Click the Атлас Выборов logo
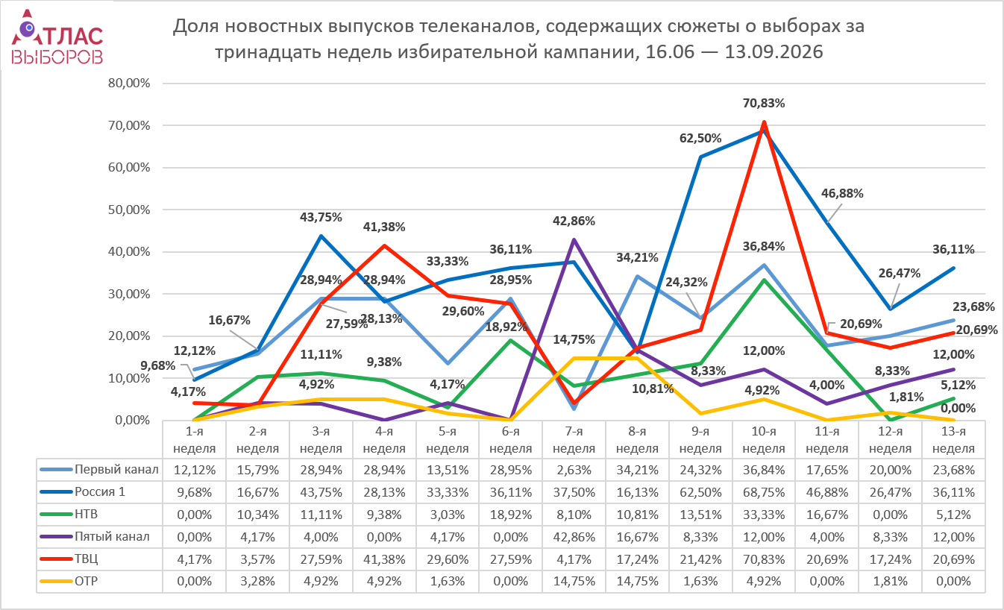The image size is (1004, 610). point(57,37)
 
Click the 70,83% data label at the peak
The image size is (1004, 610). point(764,104)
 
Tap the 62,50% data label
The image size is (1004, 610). point(700,139)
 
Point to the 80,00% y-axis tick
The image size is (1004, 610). point(129,84)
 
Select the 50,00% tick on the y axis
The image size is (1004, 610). point(129,210)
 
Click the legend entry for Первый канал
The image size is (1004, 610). point(99,469)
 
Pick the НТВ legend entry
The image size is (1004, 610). point(69,514)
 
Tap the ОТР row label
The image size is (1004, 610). point(69,582)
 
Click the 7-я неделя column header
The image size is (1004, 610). point(574,440)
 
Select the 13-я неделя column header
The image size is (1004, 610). point(953,440)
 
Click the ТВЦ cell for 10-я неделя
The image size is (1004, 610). point(764,559)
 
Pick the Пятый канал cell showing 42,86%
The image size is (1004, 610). point(574,537)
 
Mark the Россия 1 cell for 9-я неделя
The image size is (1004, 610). point(700,492)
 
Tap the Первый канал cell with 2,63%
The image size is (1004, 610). point(574,470)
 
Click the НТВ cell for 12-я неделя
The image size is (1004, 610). point(890,515)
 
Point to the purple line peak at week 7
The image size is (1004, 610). point(574,240)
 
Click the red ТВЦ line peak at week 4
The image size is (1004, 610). point(384,245)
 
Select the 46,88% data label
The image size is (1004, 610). point(842,194)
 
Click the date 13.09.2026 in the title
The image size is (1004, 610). point(774,52)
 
